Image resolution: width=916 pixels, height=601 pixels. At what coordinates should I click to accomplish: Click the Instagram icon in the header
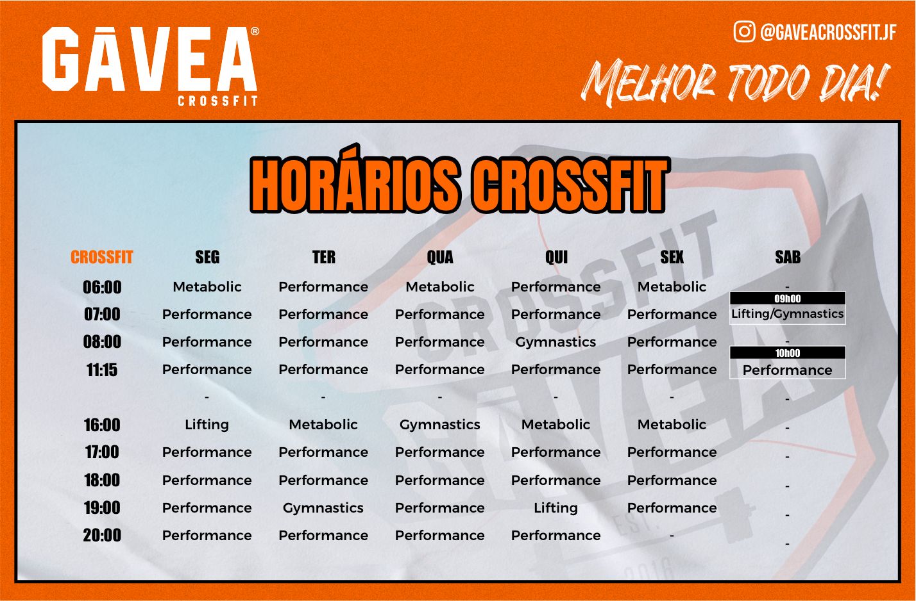coord(744,32)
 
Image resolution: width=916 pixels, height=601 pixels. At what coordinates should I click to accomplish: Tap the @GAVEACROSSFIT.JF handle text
coord(829,32)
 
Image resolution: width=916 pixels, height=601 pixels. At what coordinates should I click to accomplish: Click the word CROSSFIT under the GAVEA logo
coord(217,101)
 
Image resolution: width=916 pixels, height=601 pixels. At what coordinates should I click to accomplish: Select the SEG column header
coord(207,257)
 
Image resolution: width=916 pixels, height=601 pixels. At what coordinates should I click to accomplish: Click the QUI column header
coord(556,257)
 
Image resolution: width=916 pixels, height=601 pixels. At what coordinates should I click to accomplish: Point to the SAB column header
coord(788,257)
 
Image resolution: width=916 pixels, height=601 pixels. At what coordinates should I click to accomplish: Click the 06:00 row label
coord(102,287)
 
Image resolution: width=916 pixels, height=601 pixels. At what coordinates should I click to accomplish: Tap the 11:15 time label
coord(102,370)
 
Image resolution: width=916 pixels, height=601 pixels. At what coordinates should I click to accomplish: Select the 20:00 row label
coord(102,535)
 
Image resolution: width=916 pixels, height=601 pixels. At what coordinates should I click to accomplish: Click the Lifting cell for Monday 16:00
coord(207,425)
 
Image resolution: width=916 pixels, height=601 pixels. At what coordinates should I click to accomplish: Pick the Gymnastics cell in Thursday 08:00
coord(556,342)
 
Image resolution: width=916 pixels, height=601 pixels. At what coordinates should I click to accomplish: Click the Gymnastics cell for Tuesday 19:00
coord(323,508)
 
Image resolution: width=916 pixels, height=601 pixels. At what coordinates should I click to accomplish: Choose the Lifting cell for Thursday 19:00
coord(556,508)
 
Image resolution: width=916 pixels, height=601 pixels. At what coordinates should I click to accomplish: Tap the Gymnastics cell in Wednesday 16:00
coord(439,425)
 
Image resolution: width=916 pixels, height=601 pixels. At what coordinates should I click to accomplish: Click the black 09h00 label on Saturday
coord(788,298)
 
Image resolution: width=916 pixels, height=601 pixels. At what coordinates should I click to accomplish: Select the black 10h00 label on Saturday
coord(788,352)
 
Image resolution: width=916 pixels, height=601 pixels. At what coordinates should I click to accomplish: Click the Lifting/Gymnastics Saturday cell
coord(788,314)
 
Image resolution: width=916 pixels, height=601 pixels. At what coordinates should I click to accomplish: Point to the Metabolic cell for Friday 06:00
coord(672,287)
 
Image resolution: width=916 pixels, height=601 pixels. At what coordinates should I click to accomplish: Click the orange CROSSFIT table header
coord(102,257)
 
